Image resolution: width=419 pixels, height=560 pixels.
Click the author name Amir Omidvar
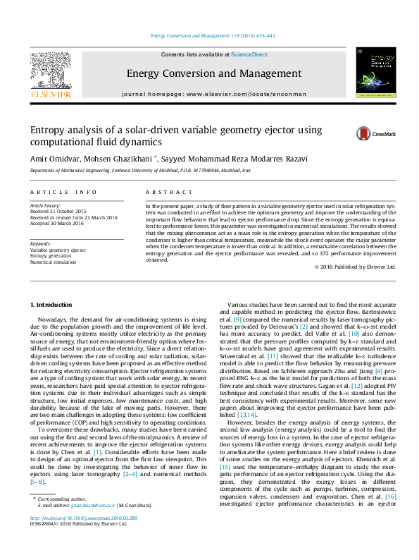(x=54, y=159)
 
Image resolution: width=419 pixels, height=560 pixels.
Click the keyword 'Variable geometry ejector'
(x=58, y=250)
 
